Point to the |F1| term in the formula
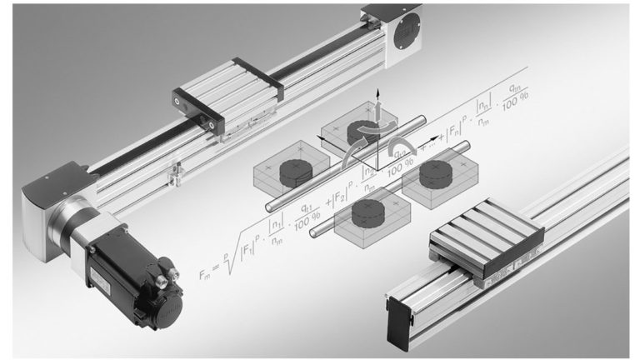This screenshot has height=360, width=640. point(251,245)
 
